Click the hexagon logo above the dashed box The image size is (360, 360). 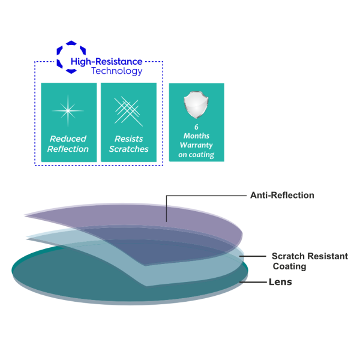pos(71,58)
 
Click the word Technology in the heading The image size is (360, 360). pos(117,71)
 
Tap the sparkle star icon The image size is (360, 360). pos(67,110)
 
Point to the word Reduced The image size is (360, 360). pos(68,139)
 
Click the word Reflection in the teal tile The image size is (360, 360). pos(68,149)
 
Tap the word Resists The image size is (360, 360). pos(128,139)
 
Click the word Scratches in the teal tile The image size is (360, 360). pos(128,149)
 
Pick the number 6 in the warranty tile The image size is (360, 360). pos(196,128)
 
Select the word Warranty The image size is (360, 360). pos(196,145)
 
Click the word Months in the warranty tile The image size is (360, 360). pos(196,136)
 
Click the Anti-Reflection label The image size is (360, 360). pos(281,195)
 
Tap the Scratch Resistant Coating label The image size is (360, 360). pos(309,261)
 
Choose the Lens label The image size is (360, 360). pos(280,282)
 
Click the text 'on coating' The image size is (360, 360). pos(196,154)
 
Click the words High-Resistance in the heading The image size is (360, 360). pos(107,62)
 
